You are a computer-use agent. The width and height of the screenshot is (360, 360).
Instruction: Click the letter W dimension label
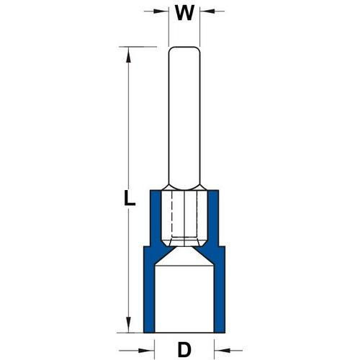[x=184, y=13]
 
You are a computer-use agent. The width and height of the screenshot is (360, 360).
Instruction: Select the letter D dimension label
[x=184, y=350]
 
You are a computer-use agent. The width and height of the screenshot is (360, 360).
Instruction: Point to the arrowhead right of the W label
[x=207, y=11]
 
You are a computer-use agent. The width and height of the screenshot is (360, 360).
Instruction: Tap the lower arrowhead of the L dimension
[x=129, y=325]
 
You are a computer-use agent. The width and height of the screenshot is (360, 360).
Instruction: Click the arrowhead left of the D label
[x=146, y=351]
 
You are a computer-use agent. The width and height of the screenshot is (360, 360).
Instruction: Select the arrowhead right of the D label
[x=222, y=351]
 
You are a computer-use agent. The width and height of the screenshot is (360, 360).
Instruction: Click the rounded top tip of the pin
[x=184, y=47]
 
